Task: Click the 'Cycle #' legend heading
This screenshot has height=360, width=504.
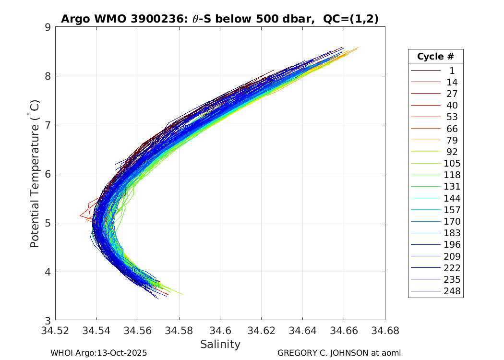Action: click(435, 56)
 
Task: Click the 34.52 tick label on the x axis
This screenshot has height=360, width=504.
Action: click(56, 331)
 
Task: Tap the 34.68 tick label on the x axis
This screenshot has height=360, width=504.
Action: click(384, 331)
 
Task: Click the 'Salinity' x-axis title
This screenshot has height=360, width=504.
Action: click(220, 344)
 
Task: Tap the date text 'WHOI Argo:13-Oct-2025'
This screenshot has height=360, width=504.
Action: click(98, 353)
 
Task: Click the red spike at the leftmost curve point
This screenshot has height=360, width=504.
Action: click(80, 216)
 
